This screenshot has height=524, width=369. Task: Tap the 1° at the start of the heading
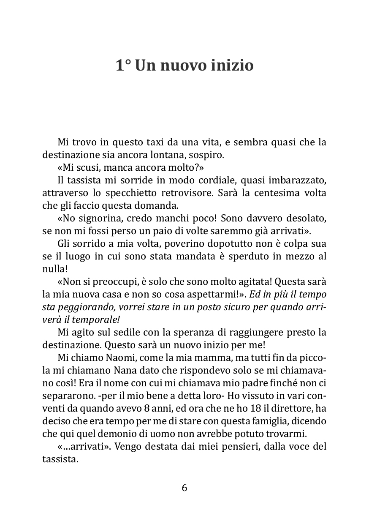123,65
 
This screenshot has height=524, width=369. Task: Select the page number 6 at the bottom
184,488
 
